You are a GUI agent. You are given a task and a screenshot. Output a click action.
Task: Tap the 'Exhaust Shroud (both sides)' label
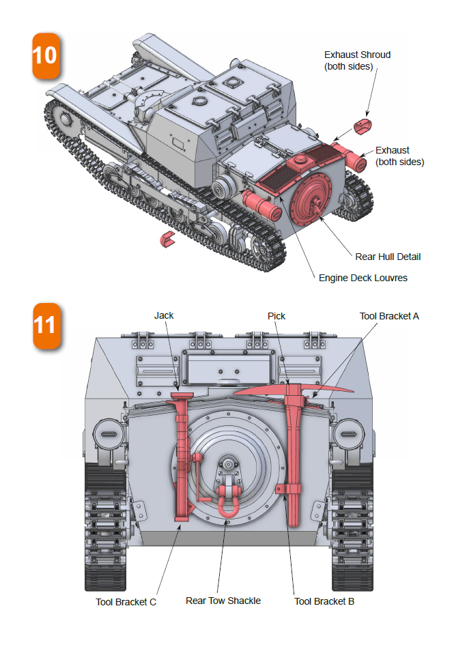[357, 60]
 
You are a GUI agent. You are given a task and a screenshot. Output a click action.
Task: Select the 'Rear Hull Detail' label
[388, 257]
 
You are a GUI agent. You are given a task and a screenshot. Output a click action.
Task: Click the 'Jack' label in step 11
[164, 315]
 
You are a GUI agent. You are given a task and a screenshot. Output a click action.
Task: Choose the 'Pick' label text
[276, 316]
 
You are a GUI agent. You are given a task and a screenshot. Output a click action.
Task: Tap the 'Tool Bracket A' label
[389, 316]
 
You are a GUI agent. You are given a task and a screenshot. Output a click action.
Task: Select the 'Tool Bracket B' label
[324, 601]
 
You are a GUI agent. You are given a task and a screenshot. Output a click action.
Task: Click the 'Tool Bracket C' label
[126, 602]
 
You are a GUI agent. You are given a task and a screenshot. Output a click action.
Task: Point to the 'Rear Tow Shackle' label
[223, 601]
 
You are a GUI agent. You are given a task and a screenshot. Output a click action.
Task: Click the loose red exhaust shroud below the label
[365, 126]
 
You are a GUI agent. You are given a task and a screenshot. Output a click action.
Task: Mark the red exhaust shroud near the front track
[167, 238]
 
